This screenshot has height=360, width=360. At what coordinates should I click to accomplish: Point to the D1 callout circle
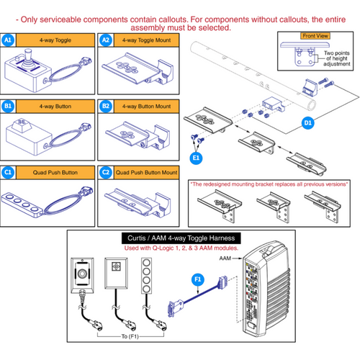click(309, 123)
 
